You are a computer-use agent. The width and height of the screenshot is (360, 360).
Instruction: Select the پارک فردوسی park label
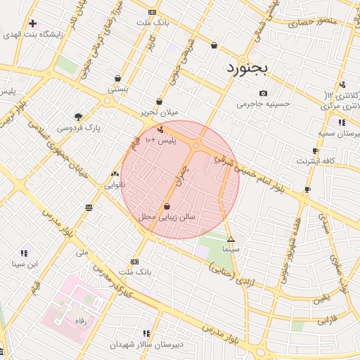(79, 128)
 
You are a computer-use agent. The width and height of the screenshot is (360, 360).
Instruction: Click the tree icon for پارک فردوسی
(78, 117)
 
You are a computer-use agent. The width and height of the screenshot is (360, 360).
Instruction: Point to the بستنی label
(117, 90)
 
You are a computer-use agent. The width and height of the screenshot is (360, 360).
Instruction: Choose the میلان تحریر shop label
(160, 112)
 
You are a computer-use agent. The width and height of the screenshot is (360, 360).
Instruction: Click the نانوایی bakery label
(115, 185)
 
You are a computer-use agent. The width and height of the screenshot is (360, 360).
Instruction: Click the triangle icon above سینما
(231, 239)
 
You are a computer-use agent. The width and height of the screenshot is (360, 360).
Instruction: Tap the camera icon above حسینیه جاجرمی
(263, 94)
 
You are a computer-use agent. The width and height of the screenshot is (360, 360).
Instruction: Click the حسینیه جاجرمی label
(263, 104)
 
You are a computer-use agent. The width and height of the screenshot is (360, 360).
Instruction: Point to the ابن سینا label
(24, 264)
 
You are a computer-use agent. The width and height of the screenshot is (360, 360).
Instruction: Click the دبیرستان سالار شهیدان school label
(146, 345)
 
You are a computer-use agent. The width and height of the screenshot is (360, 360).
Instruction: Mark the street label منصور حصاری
(311, 22)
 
